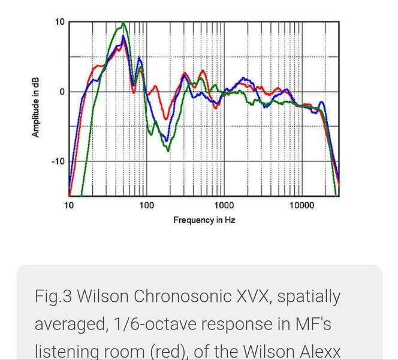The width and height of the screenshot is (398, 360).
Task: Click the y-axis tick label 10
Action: point(59,22)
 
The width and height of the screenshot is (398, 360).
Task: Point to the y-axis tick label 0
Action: point(62,92)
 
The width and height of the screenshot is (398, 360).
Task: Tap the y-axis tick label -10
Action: point(58,161)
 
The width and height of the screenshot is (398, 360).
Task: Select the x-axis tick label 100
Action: point(146,205)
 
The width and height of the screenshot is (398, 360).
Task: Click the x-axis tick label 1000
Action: point(224,205)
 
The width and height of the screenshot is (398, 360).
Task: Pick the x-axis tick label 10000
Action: point(301,205)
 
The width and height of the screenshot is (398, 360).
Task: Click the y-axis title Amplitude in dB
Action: point(36,109)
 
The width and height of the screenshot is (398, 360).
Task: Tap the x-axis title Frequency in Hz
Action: point(204,220)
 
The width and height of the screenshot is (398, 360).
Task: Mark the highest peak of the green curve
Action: point(123,23)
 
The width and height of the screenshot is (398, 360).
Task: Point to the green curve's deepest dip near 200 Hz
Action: point(168,150)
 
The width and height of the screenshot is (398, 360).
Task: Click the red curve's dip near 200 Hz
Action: point(165,118)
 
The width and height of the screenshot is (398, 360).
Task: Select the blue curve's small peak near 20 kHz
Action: point(322,103)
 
